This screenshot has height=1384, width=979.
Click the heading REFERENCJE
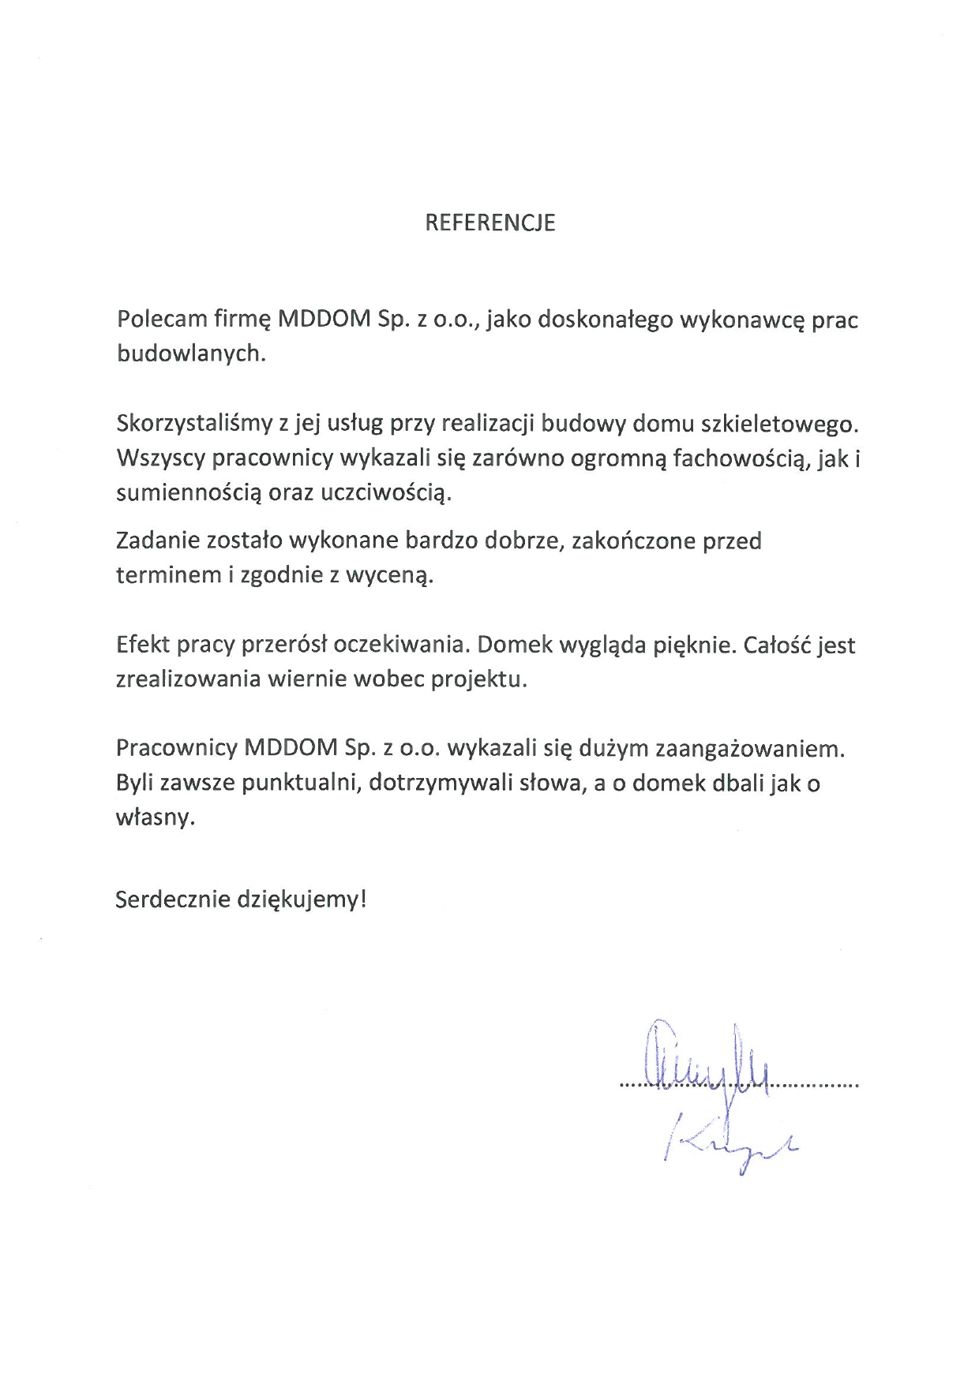click(x=489, y=223)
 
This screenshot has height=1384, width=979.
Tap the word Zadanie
click(x=157, y=541)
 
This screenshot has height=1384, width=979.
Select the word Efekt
click(x=143, y=645)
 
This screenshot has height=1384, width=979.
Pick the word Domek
click(x=515, y=645)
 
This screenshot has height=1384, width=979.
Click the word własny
click(x=155, y=817)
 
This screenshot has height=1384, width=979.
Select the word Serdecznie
click(x=173, y=900)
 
